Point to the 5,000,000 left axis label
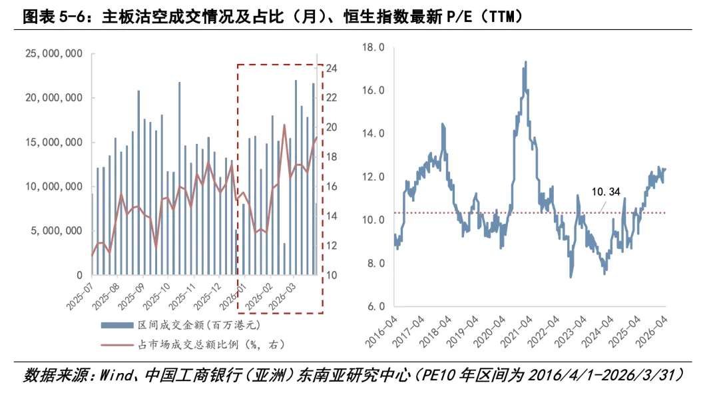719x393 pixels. pos(59,230)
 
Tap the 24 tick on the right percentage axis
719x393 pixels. pos(332,69)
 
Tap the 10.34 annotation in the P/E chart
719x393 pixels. pos(606,192)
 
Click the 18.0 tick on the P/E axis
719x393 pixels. pos(373,47)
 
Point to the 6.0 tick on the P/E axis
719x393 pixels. pos(375,306)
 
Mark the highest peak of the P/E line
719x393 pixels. pos(526,62)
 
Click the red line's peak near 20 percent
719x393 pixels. pos(284,125)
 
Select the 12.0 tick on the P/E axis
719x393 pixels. pos(373,177)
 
